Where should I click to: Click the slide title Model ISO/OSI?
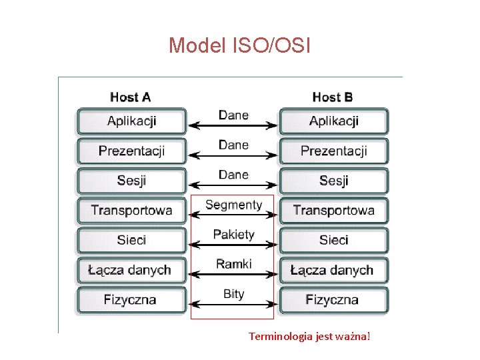tap(239, 45)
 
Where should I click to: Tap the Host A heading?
tap(131, 97)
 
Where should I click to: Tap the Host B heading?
tap(333, 97)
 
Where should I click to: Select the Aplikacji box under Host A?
tap(131, 121)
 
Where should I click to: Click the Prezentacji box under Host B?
tap(333, 151)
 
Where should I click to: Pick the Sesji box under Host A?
tap(131, 181)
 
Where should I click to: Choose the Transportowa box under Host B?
tap(333, 211)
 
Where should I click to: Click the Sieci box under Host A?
tap(131, 240)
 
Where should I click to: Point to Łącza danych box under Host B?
tap(333, 270)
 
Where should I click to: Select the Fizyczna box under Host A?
tap(131, 300)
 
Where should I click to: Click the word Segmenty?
tap(233, 205)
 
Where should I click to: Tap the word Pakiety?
tap(233, 234)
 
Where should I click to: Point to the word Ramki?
tap(233, 264)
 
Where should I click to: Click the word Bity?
tap(233, 294)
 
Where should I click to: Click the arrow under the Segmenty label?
tap(233, 215)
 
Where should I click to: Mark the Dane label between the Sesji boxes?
tap(233, 175)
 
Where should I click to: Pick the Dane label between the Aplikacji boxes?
tap(233, 115)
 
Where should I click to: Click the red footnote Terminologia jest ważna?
tap(309, 337)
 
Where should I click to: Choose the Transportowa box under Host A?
tap(131, 211)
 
